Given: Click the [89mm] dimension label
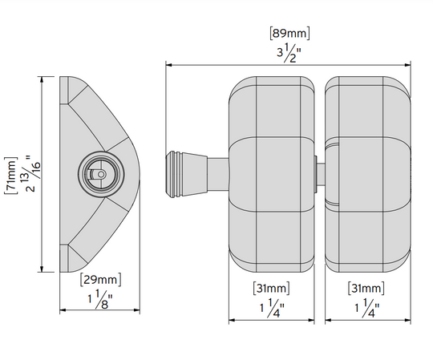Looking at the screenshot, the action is pyautogui.click(x=289, y=33).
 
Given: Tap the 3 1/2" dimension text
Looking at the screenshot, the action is pyautogui.click(x=289, y=53).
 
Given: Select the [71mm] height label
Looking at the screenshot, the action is pyautogui.click(x=10, y=176).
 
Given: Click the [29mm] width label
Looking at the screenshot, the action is pyautogui.click(x=100, y=280).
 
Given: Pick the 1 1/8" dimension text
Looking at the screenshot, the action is pyautogui.click(x=100, y=299).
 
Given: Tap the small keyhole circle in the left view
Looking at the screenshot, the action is pyautogui.click(x=101, y=174).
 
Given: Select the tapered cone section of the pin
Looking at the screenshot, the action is pyautogui.click(x=194, y=174).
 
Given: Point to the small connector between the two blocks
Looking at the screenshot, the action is pyautogui.click(x=319, y=174).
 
